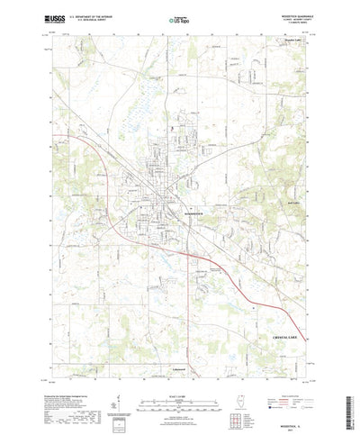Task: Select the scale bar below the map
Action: click(x=179, y=390)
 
